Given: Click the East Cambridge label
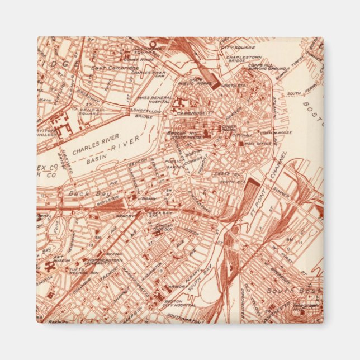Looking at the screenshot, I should [x=116, y=68].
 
